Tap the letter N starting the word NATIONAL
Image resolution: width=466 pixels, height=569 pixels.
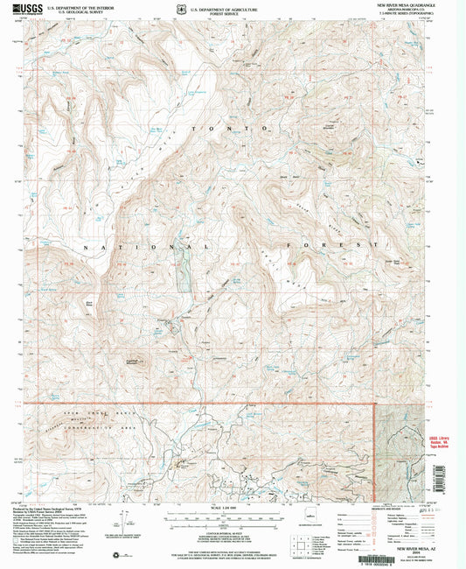(87, 249)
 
